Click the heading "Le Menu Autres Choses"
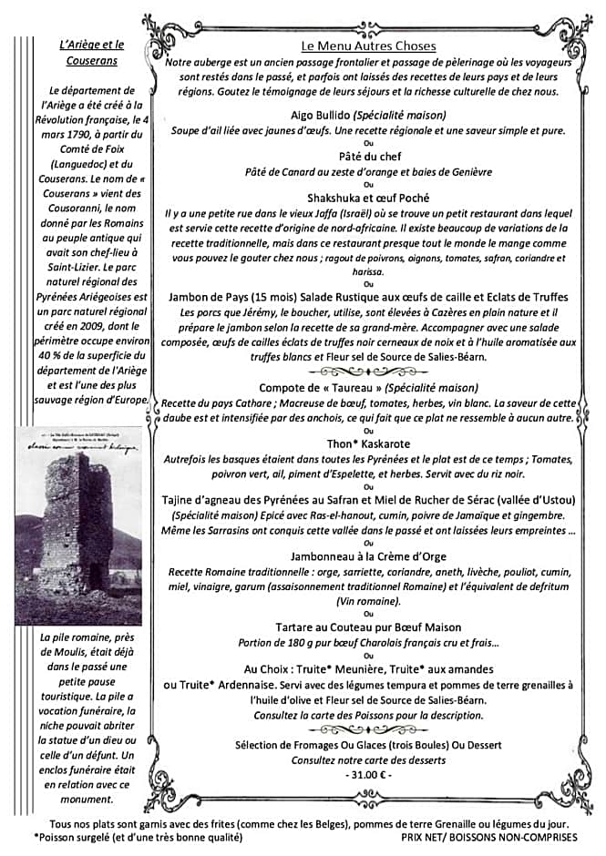pos(369,46)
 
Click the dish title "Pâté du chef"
pos(368,157)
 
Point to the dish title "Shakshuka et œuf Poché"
pos(368,198)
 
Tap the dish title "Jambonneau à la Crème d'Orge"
pos(368,555)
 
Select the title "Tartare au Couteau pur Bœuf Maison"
pos(368,627)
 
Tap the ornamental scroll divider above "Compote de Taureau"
pos(368,372)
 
